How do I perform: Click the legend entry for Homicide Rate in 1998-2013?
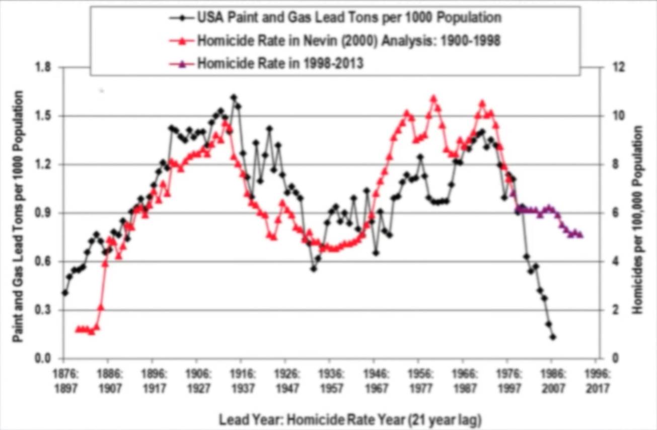click(279, 64)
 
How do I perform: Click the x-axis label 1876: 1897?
click(64, 382)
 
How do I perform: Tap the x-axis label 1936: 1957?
click(329, 382)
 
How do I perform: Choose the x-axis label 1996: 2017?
click(597, 382)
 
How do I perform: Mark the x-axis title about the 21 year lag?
click(350, 419)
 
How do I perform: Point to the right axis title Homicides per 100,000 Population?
click(638, 220)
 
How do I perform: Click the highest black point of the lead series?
click(234, 98)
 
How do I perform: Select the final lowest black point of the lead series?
click(553, 337)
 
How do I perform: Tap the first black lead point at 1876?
click(64, 292)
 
